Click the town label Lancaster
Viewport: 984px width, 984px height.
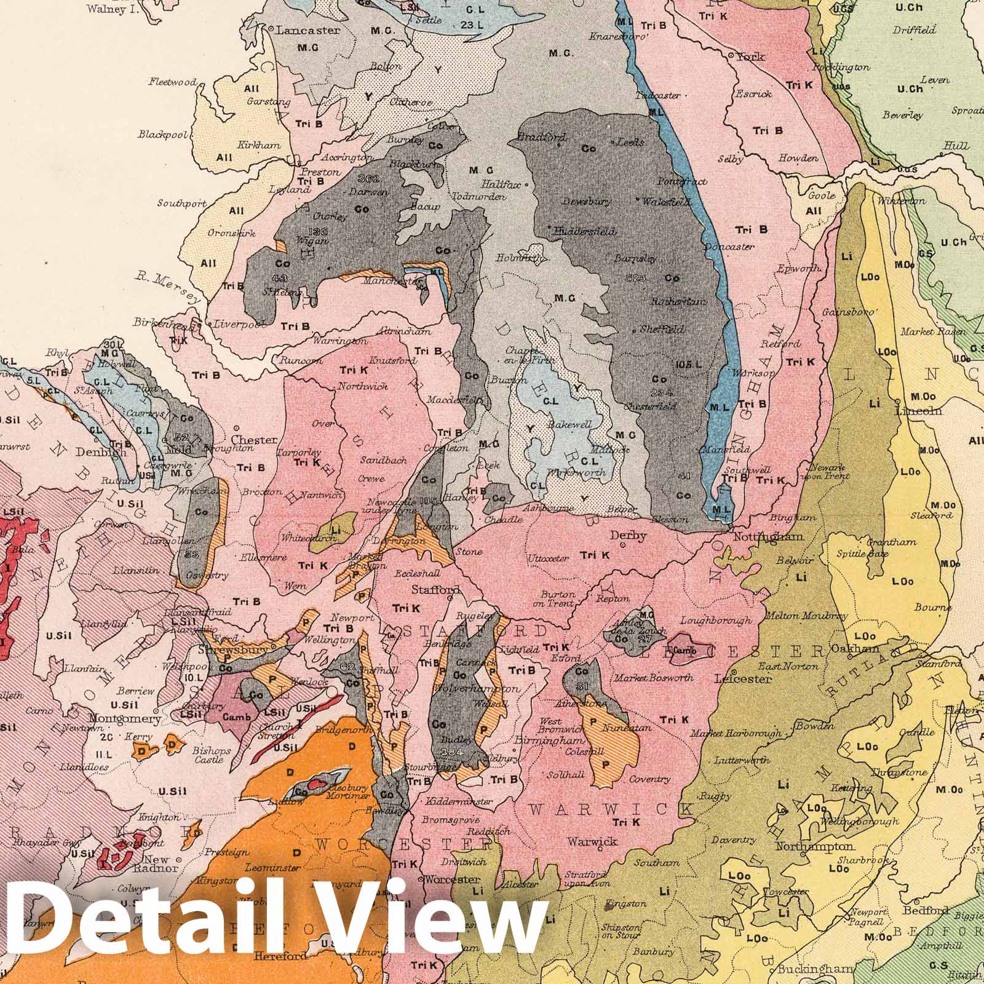308,30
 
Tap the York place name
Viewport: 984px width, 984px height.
751,57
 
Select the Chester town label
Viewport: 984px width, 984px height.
253,440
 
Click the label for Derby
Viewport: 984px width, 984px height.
628,536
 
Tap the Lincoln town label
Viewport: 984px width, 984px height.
919,411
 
